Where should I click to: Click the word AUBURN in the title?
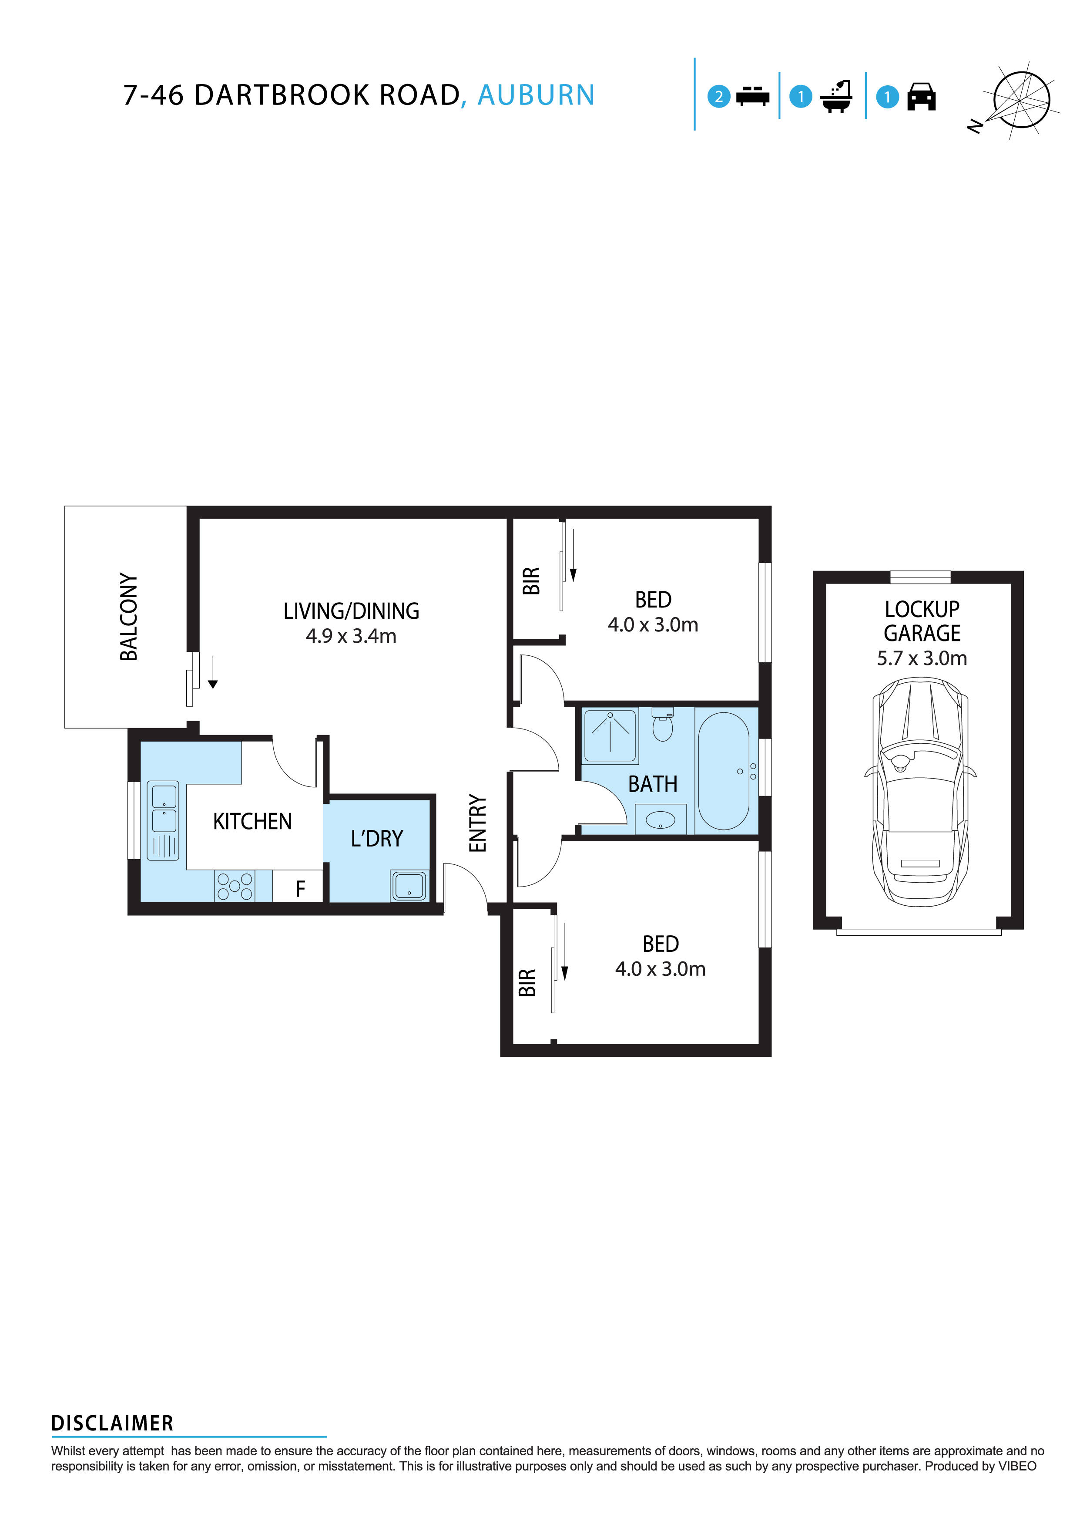pos(536,95)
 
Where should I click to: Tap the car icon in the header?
pos(921,97)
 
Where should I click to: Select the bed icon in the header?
pos(752,97)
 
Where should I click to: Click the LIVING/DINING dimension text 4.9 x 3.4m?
pos(351,636)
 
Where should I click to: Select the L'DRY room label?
pos(377,839)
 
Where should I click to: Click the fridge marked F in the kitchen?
pos(300,888)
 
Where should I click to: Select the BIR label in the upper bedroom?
pos(531,580)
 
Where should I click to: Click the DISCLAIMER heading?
pos(112,1423)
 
